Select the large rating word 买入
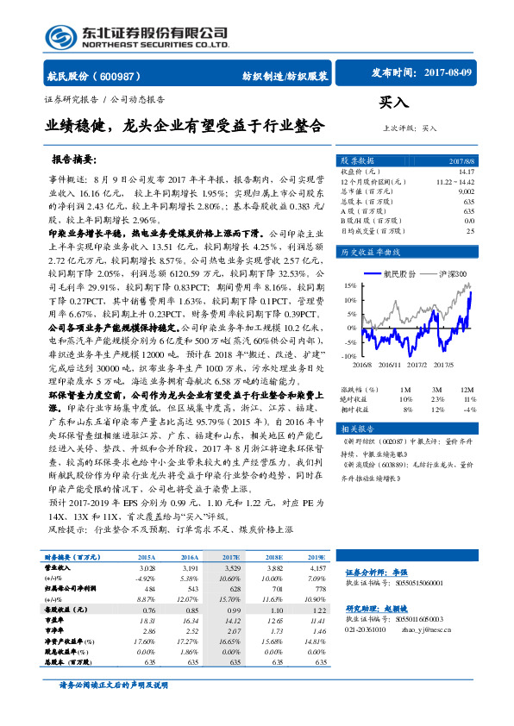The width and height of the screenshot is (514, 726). coord(393,103)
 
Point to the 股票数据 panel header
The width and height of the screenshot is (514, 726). coord(356,160)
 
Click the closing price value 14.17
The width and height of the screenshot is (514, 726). coord(467,172)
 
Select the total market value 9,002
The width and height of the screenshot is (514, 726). coord(466,192)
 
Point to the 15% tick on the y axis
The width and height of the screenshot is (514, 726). coord(349,284)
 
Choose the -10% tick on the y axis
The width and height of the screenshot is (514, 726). coord(348,355)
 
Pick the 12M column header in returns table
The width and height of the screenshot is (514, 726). coord(469,390)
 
